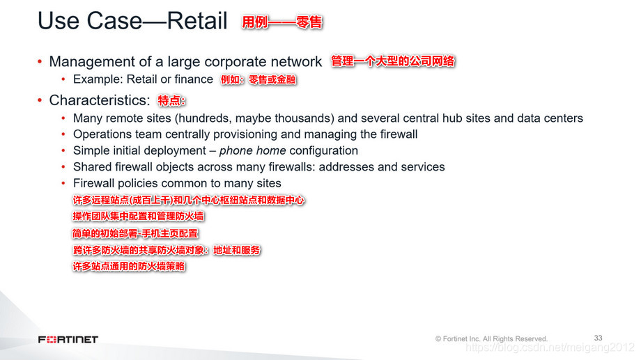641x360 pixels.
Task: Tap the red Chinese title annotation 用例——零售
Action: [x=281, y=22]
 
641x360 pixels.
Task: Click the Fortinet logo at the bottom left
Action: [x=68, y=339]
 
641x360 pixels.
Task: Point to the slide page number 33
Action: [x=598, y=338]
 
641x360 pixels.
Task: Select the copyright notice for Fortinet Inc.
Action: [x=491, y=338]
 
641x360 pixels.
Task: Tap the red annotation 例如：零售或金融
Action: [x=258, y=79]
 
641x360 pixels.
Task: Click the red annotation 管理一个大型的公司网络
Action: [x=393, y=61]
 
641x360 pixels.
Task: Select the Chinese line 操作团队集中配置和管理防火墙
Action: [x=138, y=217]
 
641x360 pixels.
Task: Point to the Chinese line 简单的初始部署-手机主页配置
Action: [x=135, y=233]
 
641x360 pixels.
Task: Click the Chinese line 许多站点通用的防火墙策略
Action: [x=129, y=266]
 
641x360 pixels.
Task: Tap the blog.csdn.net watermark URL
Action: [x=550, y=347]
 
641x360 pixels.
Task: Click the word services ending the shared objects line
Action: [x=421, y=167]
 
